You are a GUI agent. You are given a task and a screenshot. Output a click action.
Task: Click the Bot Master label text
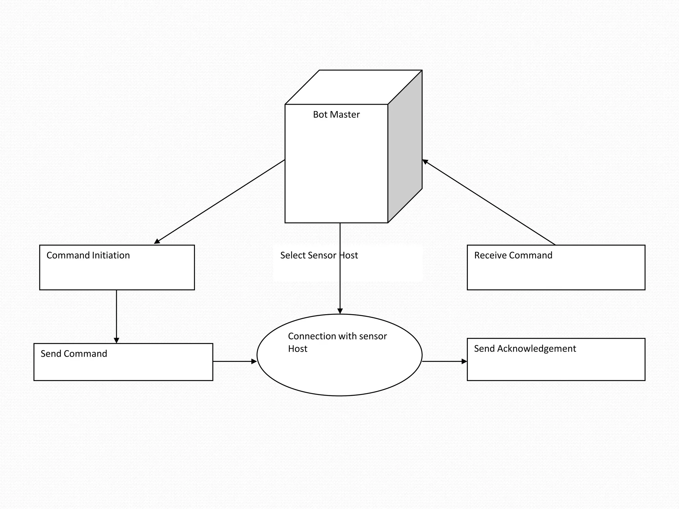point(336,115)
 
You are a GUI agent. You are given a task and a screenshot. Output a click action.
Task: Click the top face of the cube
point(353,87)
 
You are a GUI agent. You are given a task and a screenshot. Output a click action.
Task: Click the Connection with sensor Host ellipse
point(339,368)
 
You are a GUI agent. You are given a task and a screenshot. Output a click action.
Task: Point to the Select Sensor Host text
point(319,255)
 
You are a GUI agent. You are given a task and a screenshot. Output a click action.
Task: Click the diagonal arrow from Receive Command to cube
point(489,202)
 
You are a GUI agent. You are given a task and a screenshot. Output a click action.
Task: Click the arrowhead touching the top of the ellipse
point(340,311)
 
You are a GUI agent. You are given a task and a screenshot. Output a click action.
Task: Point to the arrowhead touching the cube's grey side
point(425,162)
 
